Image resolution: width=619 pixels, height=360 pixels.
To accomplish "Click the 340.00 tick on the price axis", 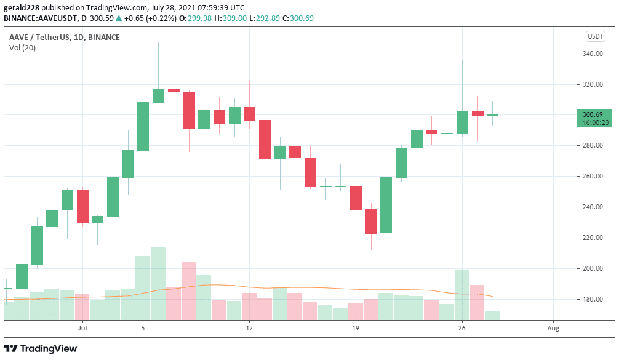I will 593,54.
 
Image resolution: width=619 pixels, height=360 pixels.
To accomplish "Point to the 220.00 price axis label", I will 593,238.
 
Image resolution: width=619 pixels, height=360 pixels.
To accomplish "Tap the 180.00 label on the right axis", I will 593,300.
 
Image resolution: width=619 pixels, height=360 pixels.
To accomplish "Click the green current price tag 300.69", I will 594,114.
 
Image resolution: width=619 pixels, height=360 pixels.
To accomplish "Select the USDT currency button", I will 596,36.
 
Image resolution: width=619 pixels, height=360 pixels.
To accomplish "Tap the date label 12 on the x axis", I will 249,329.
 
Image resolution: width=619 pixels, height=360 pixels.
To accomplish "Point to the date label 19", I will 356,329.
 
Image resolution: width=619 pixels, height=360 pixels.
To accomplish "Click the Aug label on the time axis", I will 553,329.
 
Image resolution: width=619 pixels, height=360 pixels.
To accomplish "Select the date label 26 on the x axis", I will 462,329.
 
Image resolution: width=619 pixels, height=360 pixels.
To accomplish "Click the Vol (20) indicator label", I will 22,48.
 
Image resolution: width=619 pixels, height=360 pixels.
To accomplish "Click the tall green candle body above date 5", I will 143,126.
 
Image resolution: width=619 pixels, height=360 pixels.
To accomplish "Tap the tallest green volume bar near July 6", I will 158,283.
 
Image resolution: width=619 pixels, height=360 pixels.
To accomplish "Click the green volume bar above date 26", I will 462,295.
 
